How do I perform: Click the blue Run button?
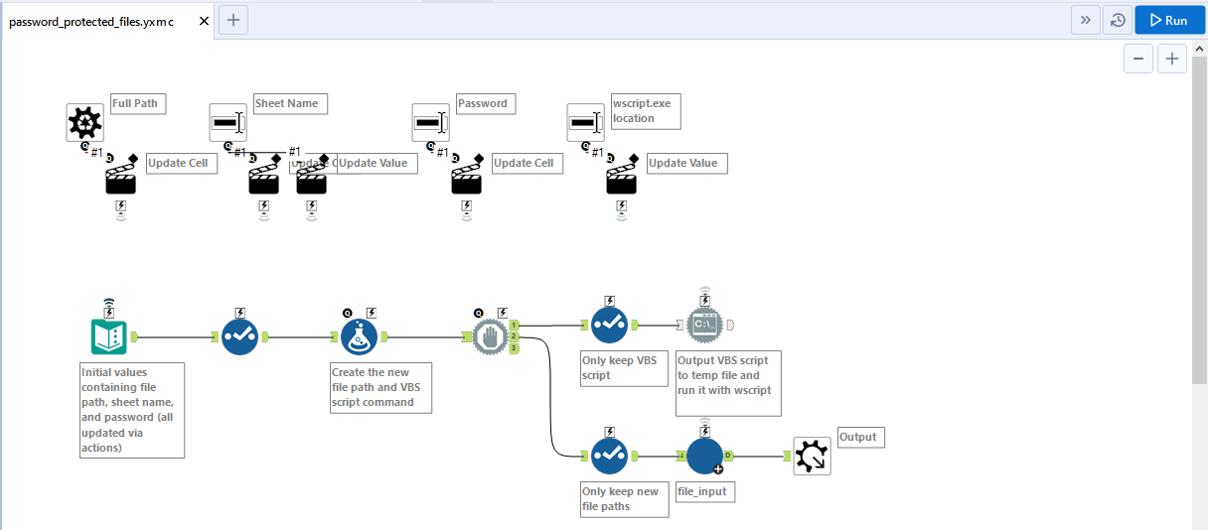click(1168, 20)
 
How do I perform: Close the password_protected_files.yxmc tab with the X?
click(204, 21)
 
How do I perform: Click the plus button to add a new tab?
click(233, 20)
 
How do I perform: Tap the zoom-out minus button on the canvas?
click(1138, 60)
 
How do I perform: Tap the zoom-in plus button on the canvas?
click(1172, 60)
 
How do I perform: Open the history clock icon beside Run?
click(1118, 20)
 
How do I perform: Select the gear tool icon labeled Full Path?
click(85, 123)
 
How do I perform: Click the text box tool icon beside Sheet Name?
click(227, 123)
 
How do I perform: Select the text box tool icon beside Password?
click(430, 123)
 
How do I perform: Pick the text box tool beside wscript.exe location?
click(585, 123)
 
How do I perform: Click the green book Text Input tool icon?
click(108, 337)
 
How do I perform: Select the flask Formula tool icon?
click(359, 337)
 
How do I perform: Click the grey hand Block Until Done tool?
click(490, 337)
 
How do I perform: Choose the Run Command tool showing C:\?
click(705, 325)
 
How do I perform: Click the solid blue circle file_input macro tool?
click(705, 456)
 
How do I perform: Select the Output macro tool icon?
click(812, 456)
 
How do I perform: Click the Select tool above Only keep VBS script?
click(609, 325)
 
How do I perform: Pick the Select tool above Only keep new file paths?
click(609, 456)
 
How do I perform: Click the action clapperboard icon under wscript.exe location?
click(622, 180)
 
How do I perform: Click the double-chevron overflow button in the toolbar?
click(1085, 20)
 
